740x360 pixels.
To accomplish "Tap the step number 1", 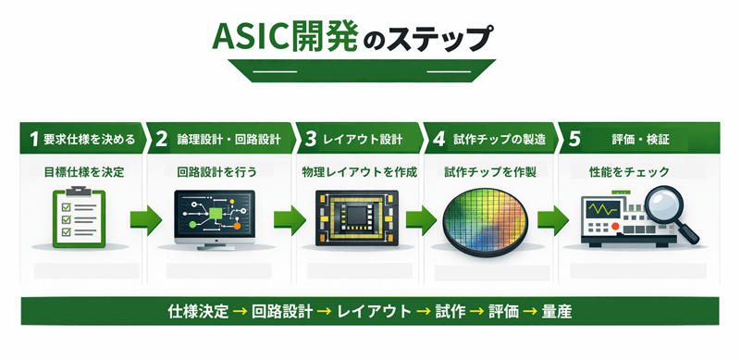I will [33, 140].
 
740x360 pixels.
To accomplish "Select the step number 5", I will [574, 140].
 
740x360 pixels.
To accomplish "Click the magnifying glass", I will [662, 206].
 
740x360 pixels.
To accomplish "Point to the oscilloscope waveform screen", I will [605, 209].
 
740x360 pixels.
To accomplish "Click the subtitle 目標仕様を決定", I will [84, 171].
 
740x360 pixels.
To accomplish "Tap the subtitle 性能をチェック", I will [629, 171].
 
